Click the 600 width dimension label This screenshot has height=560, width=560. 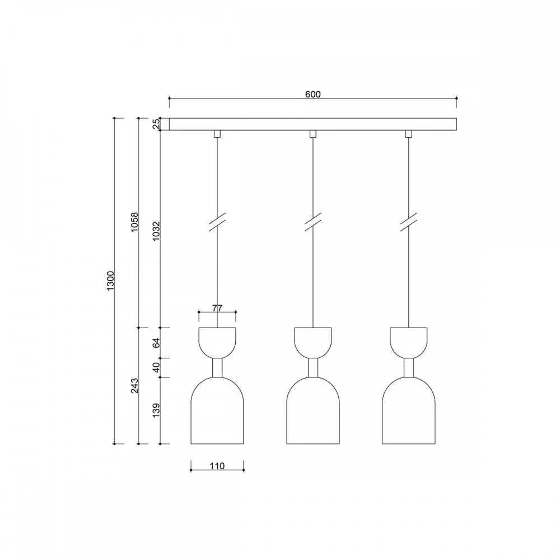(313, 94)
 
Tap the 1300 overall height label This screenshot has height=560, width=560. (110, 281)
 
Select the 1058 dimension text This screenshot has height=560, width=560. (134, 222)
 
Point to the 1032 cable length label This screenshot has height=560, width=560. (156, 231)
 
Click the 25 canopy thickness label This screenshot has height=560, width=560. (156, 124)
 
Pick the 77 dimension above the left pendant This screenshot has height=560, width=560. (217, 308)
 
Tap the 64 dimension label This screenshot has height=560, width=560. (156, 343)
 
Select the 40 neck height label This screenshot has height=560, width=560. (156, 367)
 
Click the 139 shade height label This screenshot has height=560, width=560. (156, 410)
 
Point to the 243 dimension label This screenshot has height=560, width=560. (134, 385)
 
